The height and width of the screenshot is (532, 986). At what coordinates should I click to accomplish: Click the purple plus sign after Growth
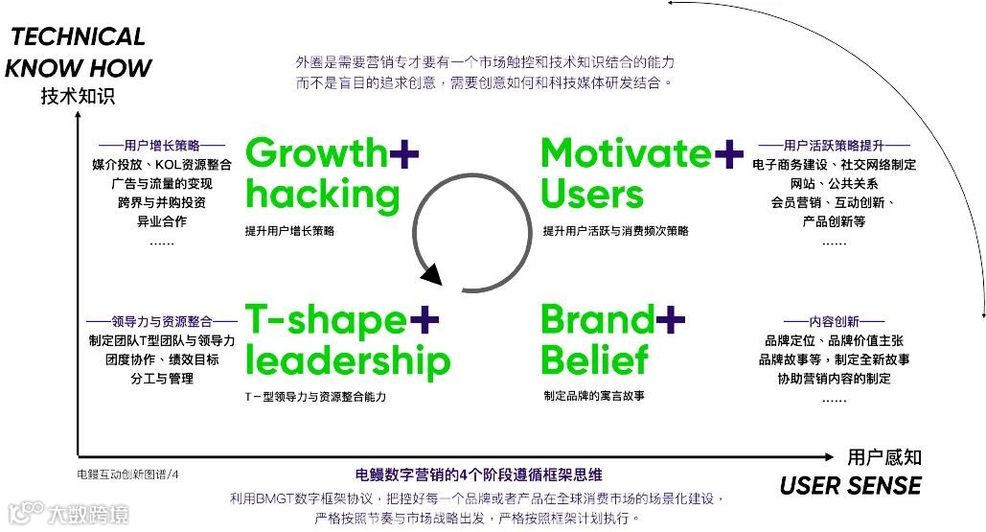pos(404,153)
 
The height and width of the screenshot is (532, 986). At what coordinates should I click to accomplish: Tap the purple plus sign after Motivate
pos(728,153)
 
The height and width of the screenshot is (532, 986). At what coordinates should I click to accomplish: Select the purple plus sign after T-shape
pos(424,320)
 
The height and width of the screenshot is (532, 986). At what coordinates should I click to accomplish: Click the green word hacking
pos(322,195)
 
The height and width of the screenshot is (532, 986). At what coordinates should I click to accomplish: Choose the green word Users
pos(591,195)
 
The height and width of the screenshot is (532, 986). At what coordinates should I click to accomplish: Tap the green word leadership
pos(347,361)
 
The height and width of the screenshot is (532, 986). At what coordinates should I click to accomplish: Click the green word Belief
pos(594,361)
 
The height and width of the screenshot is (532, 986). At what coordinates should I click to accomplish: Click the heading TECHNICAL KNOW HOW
pos(79,53)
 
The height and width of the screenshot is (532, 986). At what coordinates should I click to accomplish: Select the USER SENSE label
pos(850,485)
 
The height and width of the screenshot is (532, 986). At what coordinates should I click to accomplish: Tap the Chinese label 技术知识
pos(78,97)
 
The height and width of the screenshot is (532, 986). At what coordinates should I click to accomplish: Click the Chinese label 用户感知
pos(883,457)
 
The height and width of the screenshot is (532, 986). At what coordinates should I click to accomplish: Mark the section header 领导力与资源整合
pos(162,321)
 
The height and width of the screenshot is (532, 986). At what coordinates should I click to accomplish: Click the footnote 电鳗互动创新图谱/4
pos(128,474)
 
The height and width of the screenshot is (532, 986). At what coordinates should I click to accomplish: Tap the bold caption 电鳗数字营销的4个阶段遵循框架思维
pos(478,474)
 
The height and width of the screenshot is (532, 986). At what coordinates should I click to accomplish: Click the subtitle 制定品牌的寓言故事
pos(593,396)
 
